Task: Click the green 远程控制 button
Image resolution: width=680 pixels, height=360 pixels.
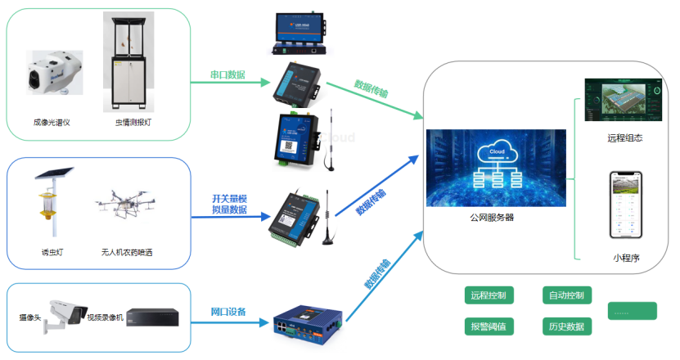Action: (x=489, y=295)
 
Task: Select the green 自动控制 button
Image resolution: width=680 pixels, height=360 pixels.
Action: (x=567, y=295)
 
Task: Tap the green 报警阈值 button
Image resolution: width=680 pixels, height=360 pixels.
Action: (x=489, y=326)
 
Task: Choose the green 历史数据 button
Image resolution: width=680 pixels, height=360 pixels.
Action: (x=567, y=326)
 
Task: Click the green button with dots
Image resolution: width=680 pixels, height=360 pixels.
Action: (x=632, y=311)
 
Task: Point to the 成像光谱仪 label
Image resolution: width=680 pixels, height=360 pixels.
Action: (x=52, y=122)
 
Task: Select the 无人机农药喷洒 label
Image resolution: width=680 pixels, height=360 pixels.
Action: (x=127, y=253)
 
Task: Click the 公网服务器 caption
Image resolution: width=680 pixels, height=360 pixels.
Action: (x=492, y=218)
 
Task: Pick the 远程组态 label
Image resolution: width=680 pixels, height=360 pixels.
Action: (x=625, y=138)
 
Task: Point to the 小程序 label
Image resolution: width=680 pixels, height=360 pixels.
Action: (x=625, y=258)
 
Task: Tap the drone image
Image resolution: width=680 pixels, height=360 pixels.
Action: (x=125, y=205)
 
